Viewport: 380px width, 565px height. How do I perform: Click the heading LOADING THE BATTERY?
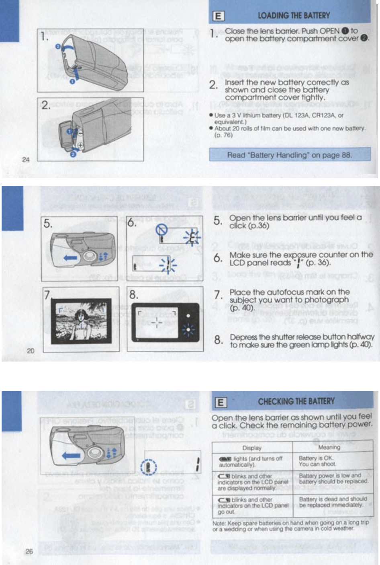(294, 16)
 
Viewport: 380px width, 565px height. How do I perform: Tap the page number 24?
(26, 159)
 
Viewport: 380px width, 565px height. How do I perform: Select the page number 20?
(31, 351)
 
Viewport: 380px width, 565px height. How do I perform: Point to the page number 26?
(29, 551)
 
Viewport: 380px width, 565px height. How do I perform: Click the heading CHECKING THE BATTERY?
(296, 401)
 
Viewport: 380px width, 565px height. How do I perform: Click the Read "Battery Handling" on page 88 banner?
(289, 155)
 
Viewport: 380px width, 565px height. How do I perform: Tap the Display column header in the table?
(252, 448)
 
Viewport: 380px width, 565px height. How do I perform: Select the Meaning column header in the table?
(329, 447)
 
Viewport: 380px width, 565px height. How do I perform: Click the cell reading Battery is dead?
(333, 502)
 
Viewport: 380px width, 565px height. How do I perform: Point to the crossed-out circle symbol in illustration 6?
(161, 230)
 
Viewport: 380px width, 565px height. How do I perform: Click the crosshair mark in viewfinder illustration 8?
(157, 323)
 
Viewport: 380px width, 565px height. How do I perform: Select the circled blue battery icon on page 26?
(149, 468)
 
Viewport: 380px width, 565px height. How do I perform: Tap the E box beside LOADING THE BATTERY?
(218, 16)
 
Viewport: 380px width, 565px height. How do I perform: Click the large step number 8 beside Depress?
(218, 340)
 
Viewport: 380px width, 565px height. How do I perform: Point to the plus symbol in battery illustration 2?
(80, 146)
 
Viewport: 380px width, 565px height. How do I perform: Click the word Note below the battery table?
(219, 523)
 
